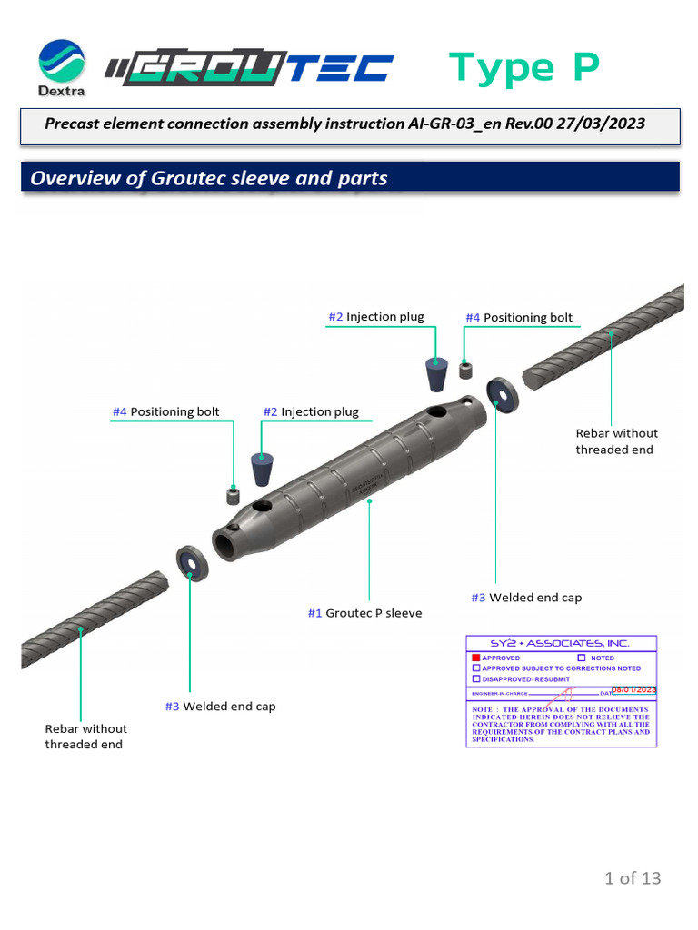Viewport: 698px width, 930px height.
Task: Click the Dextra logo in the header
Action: pyautogui.click(x=61, y=67)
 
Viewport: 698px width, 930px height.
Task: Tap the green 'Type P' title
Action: pyautogui.click(x=524, y=68)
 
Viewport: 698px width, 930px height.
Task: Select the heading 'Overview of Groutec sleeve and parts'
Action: pyautogui.click(x=209, y=178)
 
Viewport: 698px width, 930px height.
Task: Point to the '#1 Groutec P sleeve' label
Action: pyautogui.click(x=364, y=613)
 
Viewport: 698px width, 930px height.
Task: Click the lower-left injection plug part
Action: pyautogui.click(x=264, y=470)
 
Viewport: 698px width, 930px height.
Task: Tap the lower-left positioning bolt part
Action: pyautogui.click(x=234, y=497)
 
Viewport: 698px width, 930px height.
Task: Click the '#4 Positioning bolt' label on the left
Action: pyautogui.click(x=165, y=412)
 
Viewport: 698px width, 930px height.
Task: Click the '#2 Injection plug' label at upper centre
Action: pyautogui.click(x=375, y=317)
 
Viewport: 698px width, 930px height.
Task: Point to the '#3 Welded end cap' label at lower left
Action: pyautogui.click(x=220, y=707)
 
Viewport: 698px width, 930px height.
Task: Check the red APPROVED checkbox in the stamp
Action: pyautogui.click(x=475, y=658)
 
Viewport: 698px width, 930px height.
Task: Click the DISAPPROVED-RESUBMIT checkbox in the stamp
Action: pyautogui.click(x=475, y=678)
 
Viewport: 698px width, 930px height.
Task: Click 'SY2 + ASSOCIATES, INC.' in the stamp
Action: pyautogui.click(x=561, y=643)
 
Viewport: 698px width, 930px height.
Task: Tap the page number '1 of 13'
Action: pyautogui.click(x=633, y=877)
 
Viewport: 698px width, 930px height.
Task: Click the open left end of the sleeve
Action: pyautogui.click(x=224, y=546)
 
